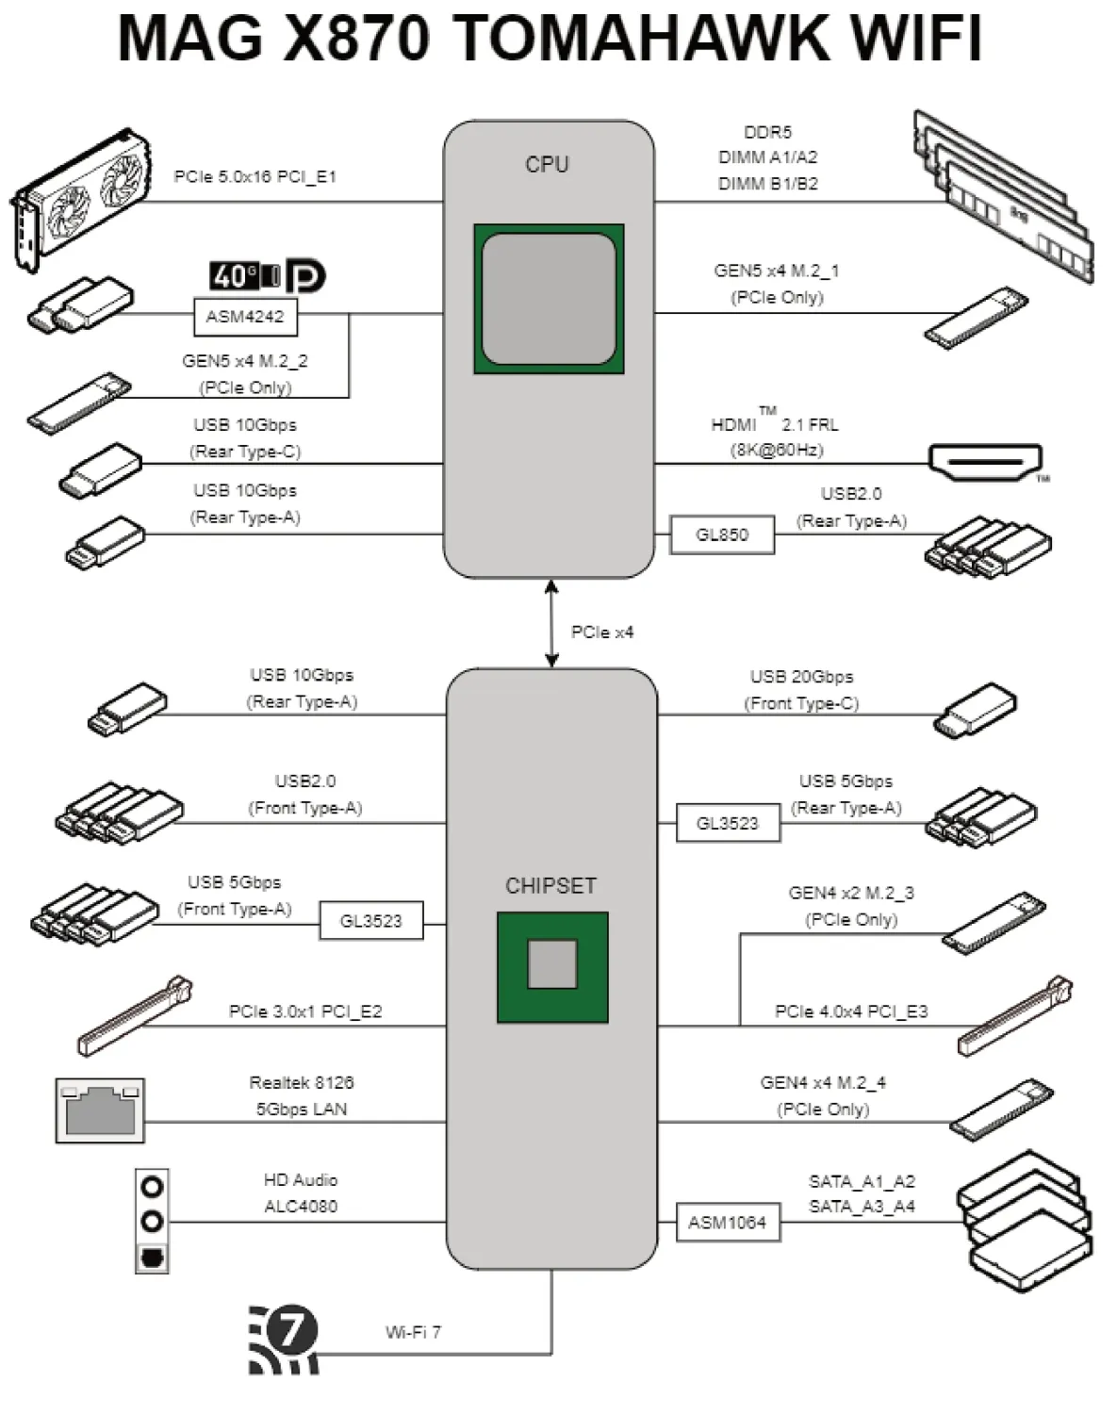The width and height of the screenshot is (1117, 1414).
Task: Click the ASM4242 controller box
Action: tap(245, 317)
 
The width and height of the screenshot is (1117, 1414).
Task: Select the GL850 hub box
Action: tap(722, 534)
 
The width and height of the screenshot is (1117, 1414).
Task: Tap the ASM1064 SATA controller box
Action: tap(728, 1223)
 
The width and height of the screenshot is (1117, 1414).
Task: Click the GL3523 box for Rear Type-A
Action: tap(728, 823)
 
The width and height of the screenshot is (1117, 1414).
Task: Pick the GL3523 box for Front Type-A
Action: tap(370, 921)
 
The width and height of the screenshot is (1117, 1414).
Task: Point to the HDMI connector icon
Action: tap(986, 462)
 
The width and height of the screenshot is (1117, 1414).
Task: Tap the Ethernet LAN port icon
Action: tap(100, 1110)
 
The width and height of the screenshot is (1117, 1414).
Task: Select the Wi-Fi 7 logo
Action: tap(284, 1340)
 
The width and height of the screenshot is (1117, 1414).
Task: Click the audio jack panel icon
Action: tap(152, 1222)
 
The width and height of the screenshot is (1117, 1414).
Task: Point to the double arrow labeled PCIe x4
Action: tap(552, 624)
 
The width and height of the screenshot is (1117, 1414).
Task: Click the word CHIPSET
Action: tap(550, 886)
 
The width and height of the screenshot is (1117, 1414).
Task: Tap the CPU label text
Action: tap(547, 164)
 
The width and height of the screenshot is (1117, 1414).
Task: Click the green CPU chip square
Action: tap(549, 299)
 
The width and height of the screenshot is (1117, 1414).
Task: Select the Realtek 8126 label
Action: tap(302, 1083)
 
